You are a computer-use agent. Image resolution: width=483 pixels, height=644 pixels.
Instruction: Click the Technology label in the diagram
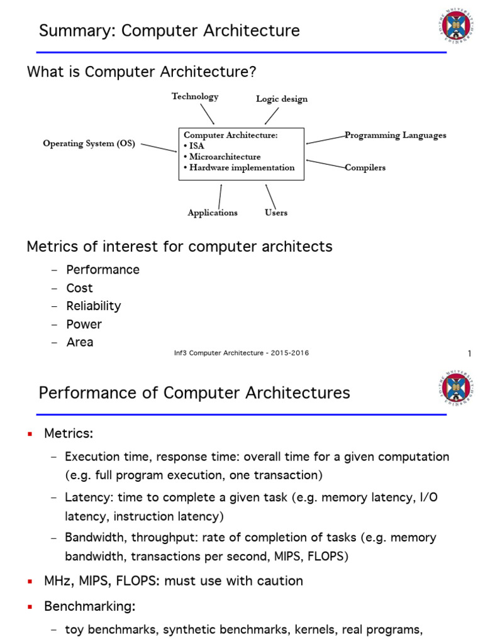(195, 96)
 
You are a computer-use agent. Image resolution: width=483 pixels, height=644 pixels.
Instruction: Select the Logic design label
(282, 99)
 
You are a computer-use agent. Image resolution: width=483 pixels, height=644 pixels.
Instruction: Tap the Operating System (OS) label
(89, 143)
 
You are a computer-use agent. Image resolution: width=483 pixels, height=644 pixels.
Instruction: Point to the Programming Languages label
(396, 135)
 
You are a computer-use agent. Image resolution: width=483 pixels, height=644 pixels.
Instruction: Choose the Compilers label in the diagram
(365, 167)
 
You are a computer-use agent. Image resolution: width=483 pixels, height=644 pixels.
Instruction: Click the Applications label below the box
(213, 213)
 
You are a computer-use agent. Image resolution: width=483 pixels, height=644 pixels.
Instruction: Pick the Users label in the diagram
(276, 213)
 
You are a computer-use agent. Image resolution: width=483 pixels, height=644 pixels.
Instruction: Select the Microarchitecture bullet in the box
(223, 157)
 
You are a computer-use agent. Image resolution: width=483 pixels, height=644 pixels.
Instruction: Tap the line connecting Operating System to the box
(158, 147)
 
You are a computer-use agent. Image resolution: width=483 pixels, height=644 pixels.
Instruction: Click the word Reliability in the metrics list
(94, 306)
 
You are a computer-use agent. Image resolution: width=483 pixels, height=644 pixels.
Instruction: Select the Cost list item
(80, 288)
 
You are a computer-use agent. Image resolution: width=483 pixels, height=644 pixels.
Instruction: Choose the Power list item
(84, 325)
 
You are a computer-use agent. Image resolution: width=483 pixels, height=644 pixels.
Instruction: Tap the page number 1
(469, 354)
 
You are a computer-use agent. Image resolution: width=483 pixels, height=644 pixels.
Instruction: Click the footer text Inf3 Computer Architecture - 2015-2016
(241, 353)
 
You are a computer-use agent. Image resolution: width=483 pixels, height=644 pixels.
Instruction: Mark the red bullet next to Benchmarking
(30, 608)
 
